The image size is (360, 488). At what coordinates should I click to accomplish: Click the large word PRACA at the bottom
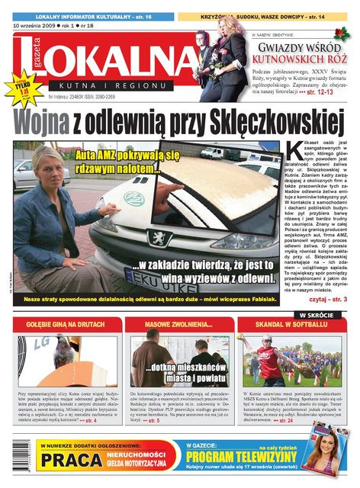72,460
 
